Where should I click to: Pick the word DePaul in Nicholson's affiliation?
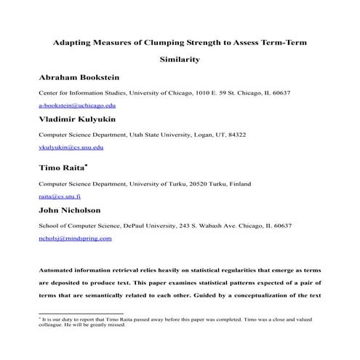138,226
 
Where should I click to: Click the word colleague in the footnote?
51,325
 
